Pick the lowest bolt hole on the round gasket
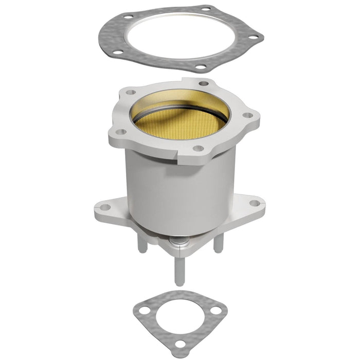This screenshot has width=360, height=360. click(x=201, y=67)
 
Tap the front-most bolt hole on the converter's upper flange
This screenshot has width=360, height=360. click(x=197, y=149)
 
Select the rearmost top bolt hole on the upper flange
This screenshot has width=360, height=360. click(x=203, y=83)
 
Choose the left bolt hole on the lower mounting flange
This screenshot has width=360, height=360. click(x=105, y=207)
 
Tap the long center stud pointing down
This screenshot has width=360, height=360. click(x=178, y=267)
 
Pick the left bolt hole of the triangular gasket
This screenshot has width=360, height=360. click(x=145, y=311)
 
